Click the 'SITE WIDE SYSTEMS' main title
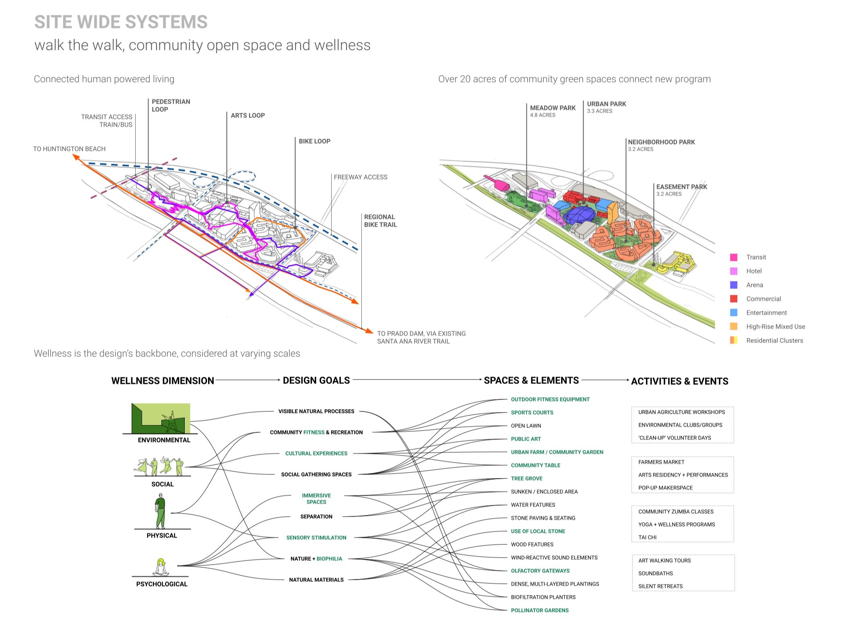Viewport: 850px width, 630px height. point(121,22)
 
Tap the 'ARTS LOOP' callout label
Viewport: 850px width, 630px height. point(248,115)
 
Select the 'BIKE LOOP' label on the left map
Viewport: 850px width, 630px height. point(314,141)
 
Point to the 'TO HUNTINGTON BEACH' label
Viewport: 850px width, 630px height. point(69,149)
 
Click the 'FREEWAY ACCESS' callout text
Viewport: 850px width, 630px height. point(360,177)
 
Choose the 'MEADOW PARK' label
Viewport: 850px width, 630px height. point(553,108)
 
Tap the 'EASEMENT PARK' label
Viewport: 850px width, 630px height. point(681,187)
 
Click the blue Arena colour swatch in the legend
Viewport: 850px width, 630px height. point(734,285)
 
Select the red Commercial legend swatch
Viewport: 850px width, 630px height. point(734,299)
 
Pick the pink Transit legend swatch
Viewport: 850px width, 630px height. point(734,257)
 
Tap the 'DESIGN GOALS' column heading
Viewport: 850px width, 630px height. point(316,380)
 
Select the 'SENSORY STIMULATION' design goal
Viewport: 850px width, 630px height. point(316,538)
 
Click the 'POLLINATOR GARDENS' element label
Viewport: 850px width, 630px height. point(540,610)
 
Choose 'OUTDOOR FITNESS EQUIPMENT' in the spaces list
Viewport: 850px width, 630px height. point(550,399)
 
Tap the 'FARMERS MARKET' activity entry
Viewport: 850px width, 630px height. point(661,462)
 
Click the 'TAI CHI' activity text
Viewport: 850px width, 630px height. point(647,537)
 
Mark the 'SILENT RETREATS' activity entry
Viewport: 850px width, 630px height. point(660,586)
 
